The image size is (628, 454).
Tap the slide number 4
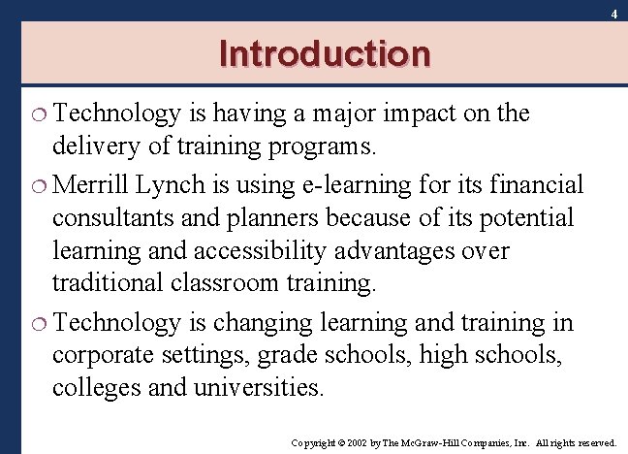[x=613, y=15]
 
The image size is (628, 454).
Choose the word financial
[x=530, y=184]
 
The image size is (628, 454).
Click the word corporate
[x=103, y=355]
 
